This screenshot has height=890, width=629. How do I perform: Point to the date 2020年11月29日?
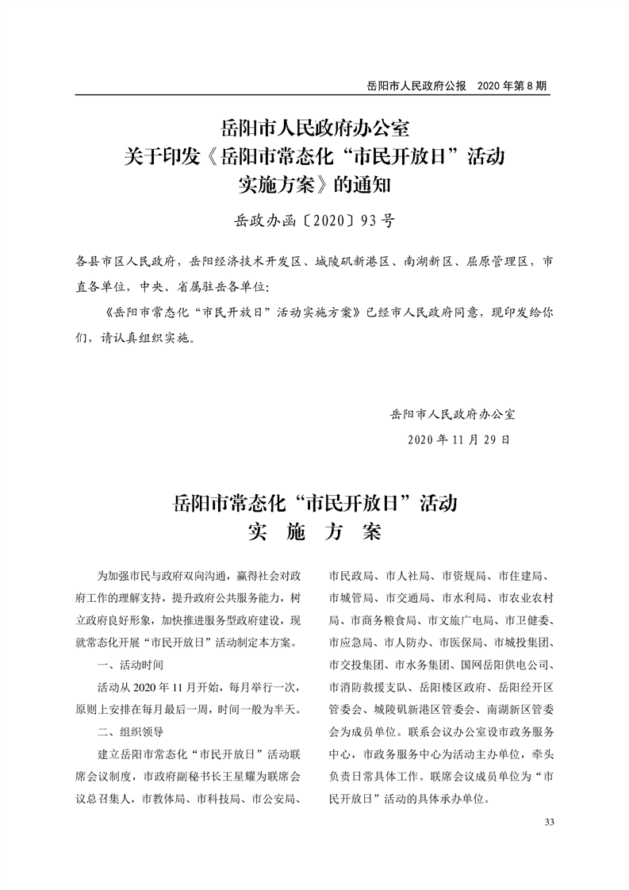pos(458,438)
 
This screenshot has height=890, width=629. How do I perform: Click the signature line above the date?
pos(453,413)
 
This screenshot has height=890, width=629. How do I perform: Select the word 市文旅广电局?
pos(461,619)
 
